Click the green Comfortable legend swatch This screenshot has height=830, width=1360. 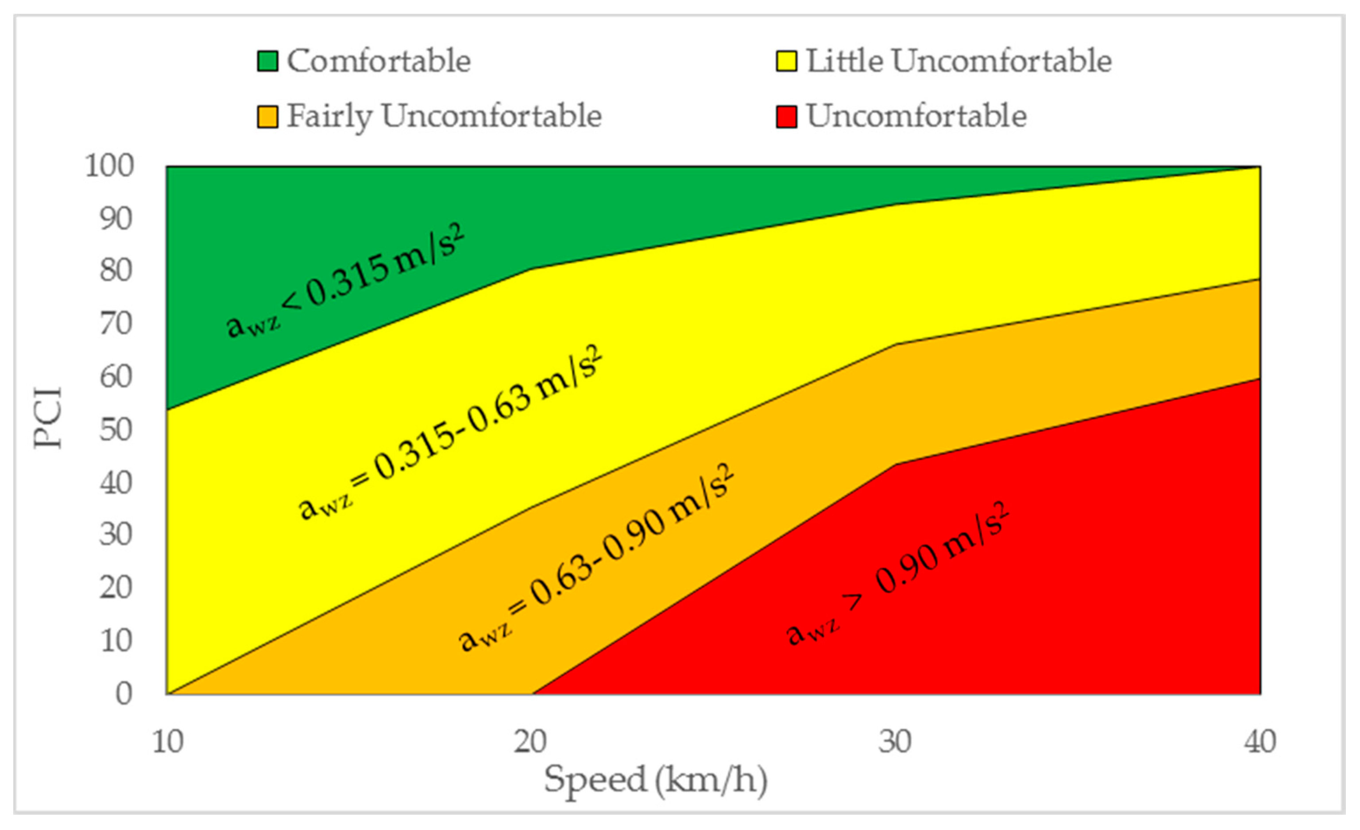[x=267, y=61]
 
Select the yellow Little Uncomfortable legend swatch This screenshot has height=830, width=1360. [x=786, y=61]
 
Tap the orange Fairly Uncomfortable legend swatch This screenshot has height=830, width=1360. [x=267, y=117]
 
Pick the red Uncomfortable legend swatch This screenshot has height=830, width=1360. [x=786, y=117]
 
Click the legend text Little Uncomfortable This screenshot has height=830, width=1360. [x=959, y=61]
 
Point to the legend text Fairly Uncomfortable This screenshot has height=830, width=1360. [x=444, y=116]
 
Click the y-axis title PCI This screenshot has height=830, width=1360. [x=47, y=418]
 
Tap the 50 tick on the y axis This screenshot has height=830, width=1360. [x=116, y=430]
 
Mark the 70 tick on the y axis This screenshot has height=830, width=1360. [x=116, y=324]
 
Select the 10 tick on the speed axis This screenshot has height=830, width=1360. [x=167, y=742]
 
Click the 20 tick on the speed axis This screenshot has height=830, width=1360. [x=530, y=742]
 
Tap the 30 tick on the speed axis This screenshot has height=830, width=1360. [x=895, y=742]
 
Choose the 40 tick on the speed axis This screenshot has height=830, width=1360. [x=1260, y=742]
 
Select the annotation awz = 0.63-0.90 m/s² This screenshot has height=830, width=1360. [x=596, y=558]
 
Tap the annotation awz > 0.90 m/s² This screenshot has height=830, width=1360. [x=897, y=574]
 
